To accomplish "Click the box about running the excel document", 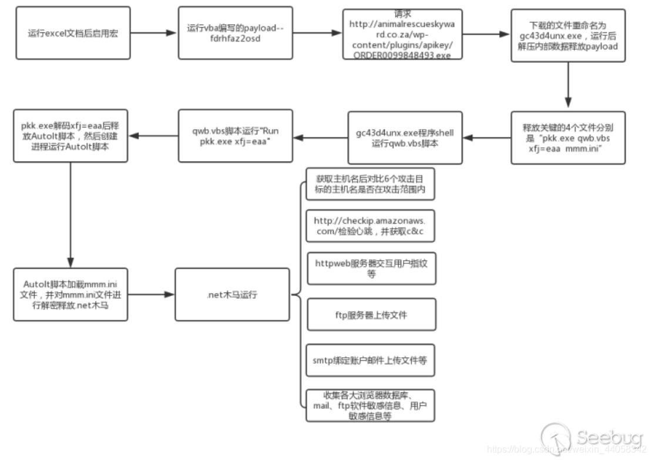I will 73,33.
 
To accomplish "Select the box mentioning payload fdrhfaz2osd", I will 235,33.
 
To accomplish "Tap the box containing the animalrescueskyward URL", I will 402,34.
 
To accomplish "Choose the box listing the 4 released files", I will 568,137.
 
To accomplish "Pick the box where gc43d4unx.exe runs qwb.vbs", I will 405,137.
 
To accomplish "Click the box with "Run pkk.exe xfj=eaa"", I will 235,136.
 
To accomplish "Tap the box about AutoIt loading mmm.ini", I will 70,294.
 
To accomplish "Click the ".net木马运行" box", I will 232,294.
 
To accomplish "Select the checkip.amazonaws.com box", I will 371,226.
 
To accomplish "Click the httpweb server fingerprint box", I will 371,268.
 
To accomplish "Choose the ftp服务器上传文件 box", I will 371,314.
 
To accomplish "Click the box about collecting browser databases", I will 371,405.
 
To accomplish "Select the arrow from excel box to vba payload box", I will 154,33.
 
